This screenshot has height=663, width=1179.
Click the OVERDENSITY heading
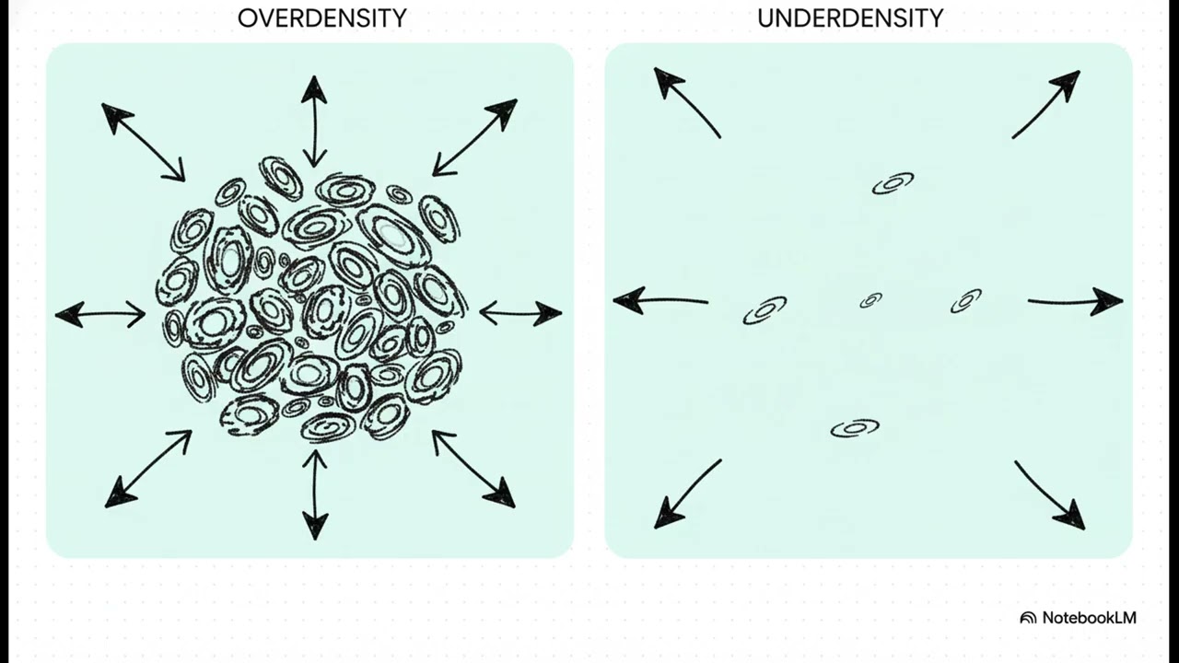tap(321, 18)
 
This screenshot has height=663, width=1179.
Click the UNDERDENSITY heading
tap(850, 18)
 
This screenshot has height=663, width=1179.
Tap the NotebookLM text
tap(1089, 618)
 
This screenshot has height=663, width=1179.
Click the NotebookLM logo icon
tap(1028, 618)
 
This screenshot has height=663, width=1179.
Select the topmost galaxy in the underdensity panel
tap(893, 183)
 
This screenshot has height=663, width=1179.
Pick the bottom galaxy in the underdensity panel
tap(855, 428)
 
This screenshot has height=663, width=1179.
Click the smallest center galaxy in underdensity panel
tap(870, 300)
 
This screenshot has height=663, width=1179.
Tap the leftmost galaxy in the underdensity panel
tap(765, 310)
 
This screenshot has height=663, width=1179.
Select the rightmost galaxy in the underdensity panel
tap(966, 300)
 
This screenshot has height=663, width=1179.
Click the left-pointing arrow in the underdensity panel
tap(660, 300)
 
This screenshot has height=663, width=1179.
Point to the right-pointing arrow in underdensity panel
tap(1075, 300)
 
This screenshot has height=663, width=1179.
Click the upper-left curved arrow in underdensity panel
tap(685, 101)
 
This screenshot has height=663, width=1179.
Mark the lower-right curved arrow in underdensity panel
tap(1050, 495)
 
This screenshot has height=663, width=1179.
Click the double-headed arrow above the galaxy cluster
tap(314, 121)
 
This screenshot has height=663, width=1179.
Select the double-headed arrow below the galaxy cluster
tap(314, 494)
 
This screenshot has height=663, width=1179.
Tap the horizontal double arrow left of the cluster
tap(100, 315)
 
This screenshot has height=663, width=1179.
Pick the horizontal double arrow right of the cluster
tap(520, 313)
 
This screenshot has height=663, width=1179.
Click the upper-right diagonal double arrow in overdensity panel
tap(474, 137)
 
